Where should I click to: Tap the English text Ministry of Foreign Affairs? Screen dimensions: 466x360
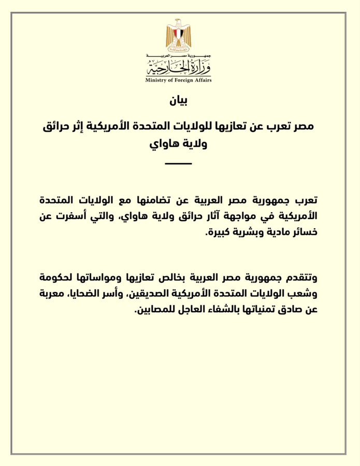(178, 80)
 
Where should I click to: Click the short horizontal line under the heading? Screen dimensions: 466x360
(178, 164)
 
